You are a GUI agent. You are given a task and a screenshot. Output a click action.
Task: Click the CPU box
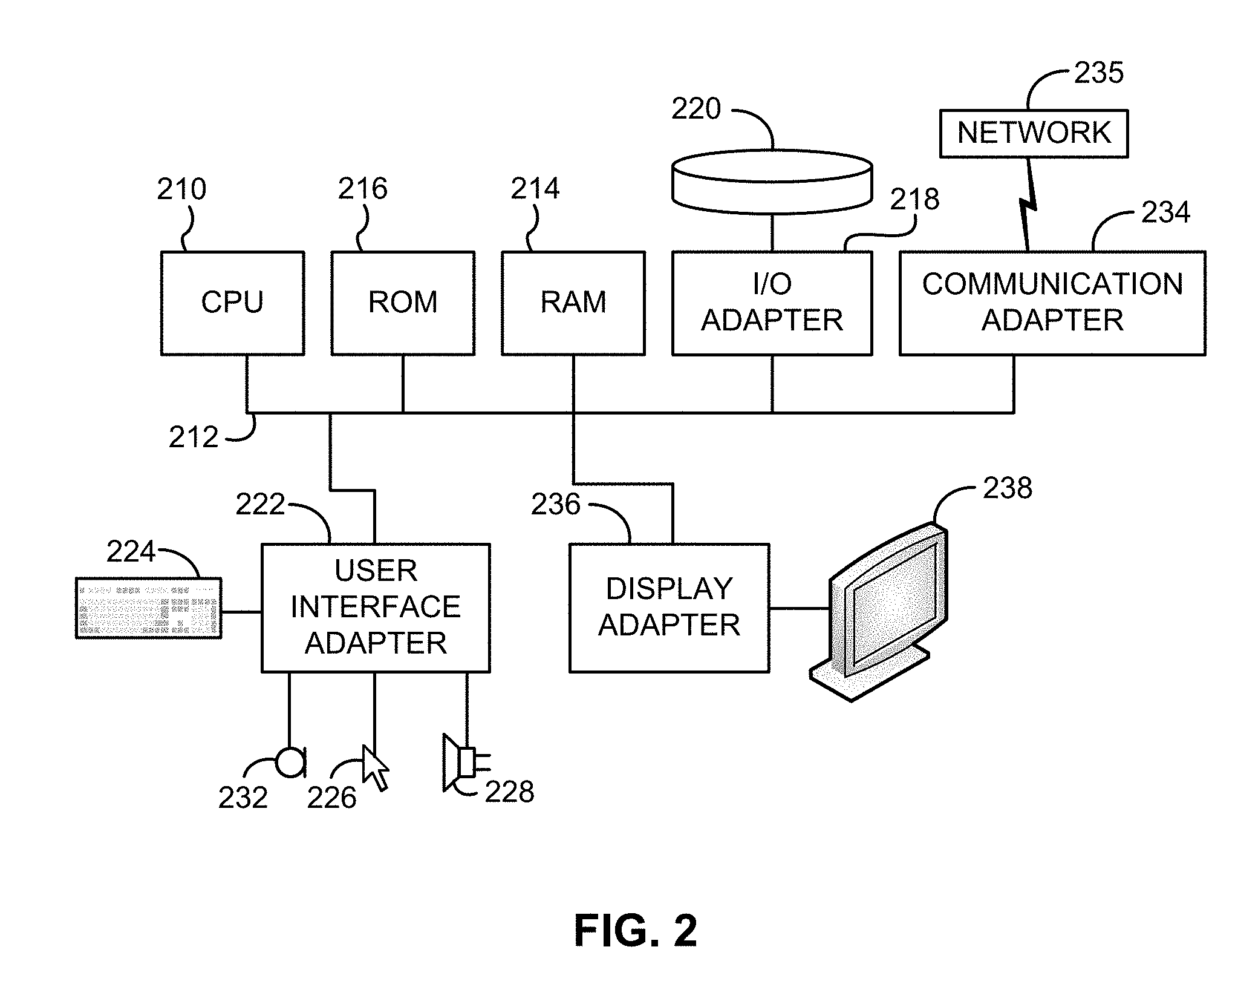[x=232, y=303]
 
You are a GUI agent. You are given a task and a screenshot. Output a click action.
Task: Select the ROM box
[x=403, y=303]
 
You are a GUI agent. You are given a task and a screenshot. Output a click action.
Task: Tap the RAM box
[x=573, y=303]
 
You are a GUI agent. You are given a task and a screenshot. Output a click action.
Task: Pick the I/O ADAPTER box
[x=772, y=303]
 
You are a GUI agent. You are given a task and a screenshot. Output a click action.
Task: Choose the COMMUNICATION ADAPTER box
[x=1052, y=303]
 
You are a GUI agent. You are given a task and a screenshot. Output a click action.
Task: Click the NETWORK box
[x=1034, y=134]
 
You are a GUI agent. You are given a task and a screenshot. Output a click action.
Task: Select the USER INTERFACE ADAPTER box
[x=376, y=608]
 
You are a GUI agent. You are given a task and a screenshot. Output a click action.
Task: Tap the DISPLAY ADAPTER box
[x=669, y=608]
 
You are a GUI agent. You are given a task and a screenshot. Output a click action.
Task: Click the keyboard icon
[x=148, y=608]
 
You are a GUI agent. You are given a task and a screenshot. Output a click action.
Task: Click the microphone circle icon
[x=290, y=762]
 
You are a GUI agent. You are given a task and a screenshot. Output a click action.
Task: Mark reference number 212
[x=193, y=438]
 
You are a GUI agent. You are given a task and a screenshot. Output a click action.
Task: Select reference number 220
[x=696, y=110]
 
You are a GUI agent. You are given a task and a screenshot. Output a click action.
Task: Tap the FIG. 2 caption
[x=636, y=931]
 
